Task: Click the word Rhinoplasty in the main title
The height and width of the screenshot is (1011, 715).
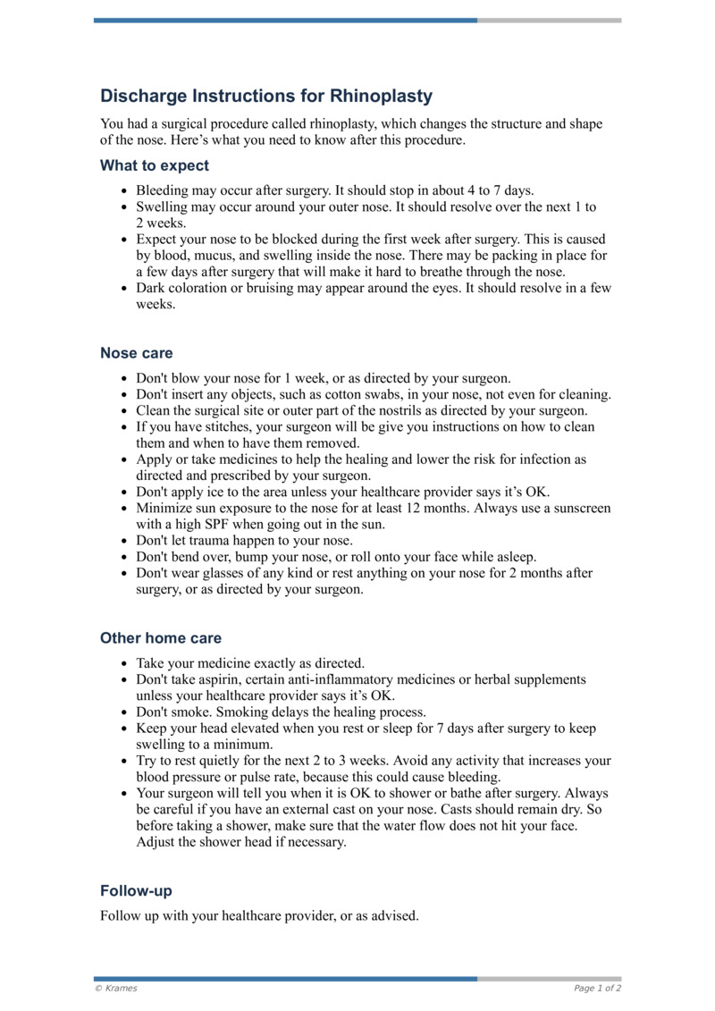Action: pyautogui.click(x=382, y=96)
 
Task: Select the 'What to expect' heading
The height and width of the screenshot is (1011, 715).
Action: pyautogui.click(x=155, y=165)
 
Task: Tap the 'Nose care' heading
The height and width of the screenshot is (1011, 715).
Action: pyautogui.click(x=137, y=353)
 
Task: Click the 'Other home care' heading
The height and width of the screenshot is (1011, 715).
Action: pyautogui.click(x=161, y=638)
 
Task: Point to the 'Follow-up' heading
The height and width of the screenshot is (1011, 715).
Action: pyautogui.click(x=136, y=891)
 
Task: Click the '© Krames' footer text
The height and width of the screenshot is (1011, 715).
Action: pyautogui.click(x=116, y=988)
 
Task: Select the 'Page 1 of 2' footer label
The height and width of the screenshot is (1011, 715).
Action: pyautogui.click(x=597, y=988)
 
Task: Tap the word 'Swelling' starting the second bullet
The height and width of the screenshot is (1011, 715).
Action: pyautogui.click(x=163, y=206)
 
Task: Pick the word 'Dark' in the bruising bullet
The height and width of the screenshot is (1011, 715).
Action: pyautogui.click(x=151, y=288)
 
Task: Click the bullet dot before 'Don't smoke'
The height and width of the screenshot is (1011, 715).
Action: pyautogui.click(x=124, y=713)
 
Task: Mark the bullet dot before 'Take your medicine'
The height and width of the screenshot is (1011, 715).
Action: pyautogui.click(x=124, y=664)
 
